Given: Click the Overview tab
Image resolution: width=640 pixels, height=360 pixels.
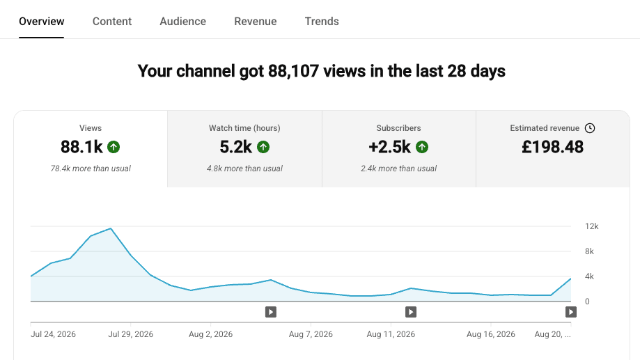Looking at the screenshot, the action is coord(41,21).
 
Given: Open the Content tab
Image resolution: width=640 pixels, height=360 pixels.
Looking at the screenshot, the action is coord(112,21).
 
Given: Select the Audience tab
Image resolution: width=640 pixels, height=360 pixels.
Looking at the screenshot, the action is coord(183,21).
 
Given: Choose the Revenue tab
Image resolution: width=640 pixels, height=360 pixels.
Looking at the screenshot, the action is coord(256,21).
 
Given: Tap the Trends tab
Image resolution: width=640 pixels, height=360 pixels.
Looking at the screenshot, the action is coord(322,21).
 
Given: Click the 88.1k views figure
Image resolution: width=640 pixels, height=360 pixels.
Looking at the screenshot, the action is coord(81,147).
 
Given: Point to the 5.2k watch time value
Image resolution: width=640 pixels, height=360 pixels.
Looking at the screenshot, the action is coord(236,147).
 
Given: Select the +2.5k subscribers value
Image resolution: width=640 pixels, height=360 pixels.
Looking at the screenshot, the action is coord(389,147).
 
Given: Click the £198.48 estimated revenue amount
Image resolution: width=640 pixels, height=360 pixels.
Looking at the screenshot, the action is coord(553,147).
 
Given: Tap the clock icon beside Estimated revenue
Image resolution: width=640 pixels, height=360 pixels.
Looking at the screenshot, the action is coord(590,128).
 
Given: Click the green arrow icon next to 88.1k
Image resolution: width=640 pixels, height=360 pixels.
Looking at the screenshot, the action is coord(114,147).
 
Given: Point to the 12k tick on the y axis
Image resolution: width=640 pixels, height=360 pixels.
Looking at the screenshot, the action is coord(591,226).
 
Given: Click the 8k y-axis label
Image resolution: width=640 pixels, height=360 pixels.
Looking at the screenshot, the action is coord(589,251).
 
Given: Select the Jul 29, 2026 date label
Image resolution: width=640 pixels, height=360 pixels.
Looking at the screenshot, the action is coord(131,334).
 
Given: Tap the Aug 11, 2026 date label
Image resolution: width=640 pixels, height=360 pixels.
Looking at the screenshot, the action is coord(391,334).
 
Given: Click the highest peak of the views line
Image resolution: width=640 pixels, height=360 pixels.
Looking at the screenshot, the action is coord(111,228).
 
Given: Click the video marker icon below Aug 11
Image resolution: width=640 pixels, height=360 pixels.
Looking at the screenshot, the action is coord(411,312).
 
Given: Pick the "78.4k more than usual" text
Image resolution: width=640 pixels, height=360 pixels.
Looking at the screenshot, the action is coord(91,169).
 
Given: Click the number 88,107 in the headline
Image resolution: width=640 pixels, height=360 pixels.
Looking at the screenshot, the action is coord(293,71).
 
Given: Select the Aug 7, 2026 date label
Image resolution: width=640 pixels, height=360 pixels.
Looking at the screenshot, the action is coord(311,334).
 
